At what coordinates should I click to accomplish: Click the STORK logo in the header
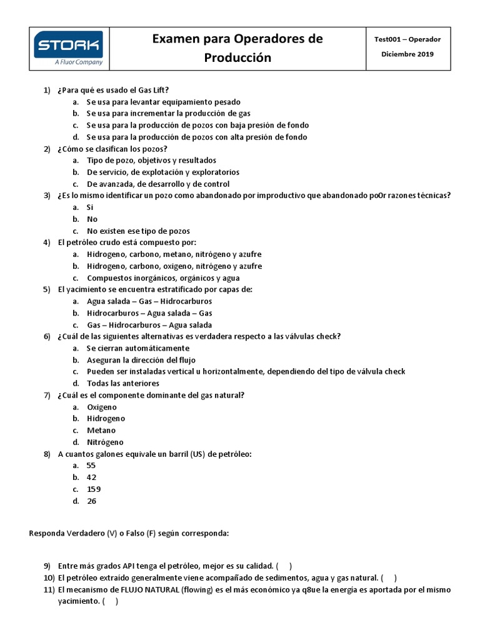tap(69, 44)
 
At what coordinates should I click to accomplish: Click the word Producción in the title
tap(237, 57)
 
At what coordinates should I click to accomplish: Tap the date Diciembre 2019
tap(407, 54)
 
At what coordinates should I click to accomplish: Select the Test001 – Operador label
tap(407, 39)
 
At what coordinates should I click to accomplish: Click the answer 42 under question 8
tap(91, 477)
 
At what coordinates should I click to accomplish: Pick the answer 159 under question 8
tap(94, 489)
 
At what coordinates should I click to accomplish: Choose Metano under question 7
tap(101, 431)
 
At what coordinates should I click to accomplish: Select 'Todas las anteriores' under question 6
tap(122, 383)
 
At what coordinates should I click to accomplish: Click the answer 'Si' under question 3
tap(90, 207)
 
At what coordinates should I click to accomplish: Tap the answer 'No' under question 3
tap(92, 219)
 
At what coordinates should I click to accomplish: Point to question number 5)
tap(47, 289)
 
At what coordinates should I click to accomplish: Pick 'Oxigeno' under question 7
tap(102, 407)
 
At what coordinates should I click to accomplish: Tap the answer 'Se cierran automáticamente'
tap(137, 348)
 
